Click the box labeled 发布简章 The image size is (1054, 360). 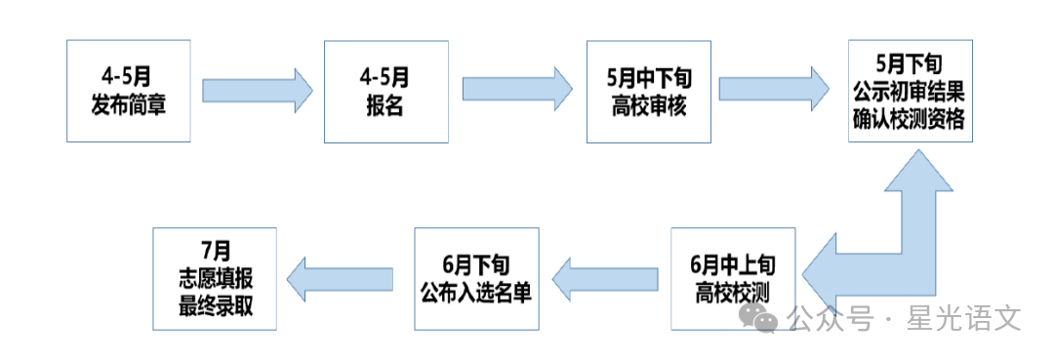click(x=128, y=91)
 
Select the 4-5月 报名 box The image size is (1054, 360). click(x=385, y=91)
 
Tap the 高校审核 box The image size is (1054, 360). click(x=649, y=91)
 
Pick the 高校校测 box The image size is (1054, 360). click(x=733, y=278)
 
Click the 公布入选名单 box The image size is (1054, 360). click(x=475, y=278)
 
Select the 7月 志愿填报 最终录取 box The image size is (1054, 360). click(x=215, y=278)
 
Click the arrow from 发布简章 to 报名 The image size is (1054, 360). click(x=257, y=90)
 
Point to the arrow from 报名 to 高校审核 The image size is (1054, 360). click(x=516, y=90)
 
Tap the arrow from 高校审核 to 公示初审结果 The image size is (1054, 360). click(x=779, y=90)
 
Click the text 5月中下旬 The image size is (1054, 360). click(x=649, y=79)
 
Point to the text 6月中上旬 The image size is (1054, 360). click(x=733, y=264)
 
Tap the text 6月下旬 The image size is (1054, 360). click(x=475, y=264)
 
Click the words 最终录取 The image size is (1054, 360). click(x=215, y=304)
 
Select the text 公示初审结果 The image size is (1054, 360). click(x=909, y=92)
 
